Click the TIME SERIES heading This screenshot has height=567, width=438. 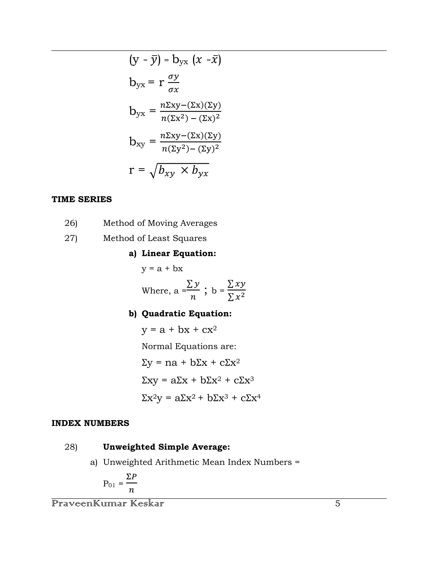(81, 199)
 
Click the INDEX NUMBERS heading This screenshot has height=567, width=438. (90, 423)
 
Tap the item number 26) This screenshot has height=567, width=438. (71, 223)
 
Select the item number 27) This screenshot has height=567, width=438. (71, 238)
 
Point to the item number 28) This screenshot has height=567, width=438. (71, 447)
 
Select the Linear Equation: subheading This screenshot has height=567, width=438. (179, 253)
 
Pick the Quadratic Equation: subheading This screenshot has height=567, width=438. (186, 313)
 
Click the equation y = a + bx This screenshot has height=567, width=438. (162, 269)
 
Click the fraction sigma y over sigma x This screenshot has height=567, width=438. (173, 83)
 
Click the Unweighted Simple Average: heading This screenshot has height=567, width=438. (166, 447)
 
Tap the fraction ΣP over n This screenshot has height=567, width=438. (131, 483)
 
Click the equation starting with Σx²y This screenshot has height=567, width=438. (201, 398)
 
